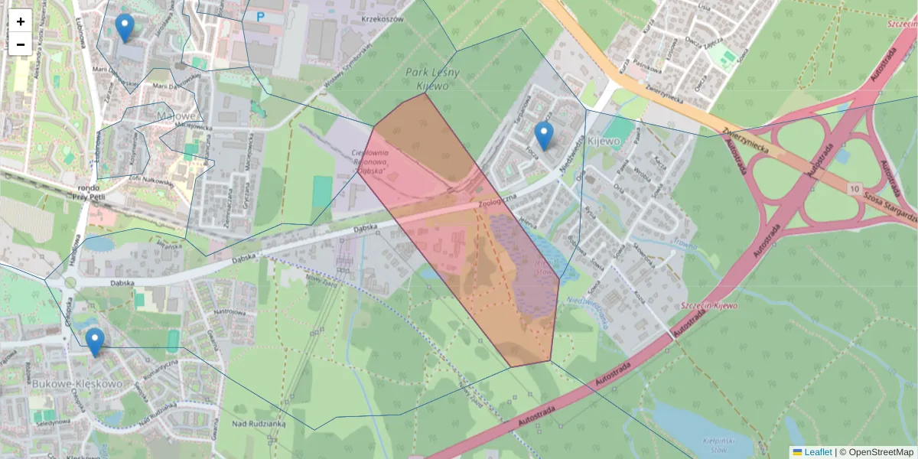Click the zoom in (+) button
(21, 21)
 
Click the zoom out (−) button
(21, 44)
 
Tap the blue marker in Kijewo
(544, 135)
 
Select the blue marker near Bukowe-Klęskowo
(95, 342)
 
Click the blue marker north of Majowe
(125, 28)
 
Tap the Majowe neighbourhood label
(177, 116)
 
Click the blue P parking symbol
(261, 16)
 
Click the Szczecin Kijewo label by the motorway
(708, 306)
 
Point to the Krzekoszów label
(382, 19)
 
